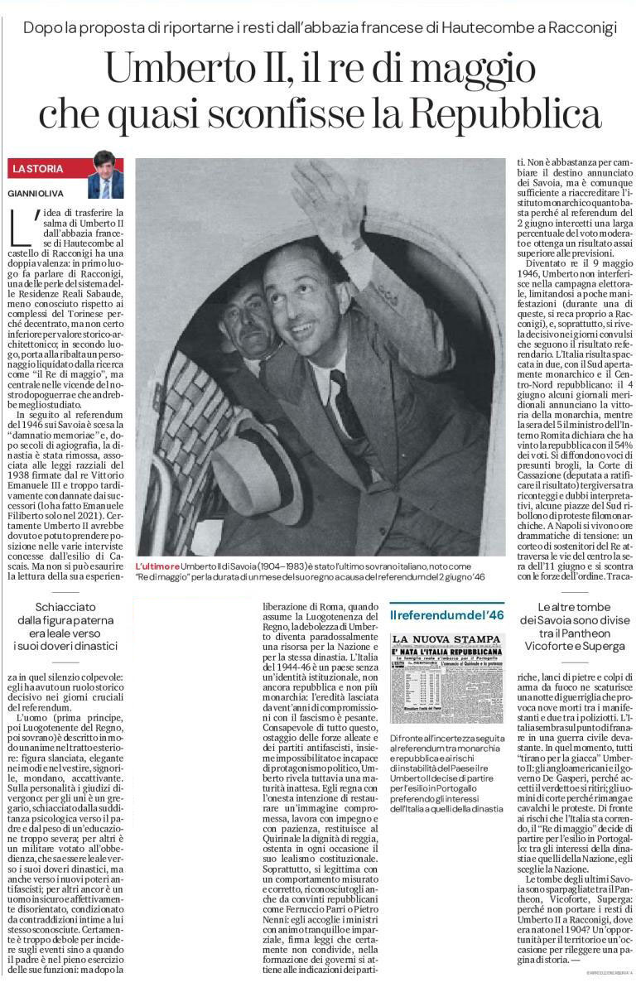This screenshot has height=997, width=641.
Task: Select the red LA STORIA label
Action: point(38,169)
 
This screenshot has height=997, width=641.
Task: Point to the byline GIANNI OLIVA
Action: point(33,193)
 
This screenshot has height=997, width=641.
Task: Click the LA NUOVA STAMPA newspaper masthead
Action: point(446,638)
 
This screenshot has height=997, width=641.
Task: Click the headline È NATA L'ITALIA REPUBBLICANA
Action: point(446,651)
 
